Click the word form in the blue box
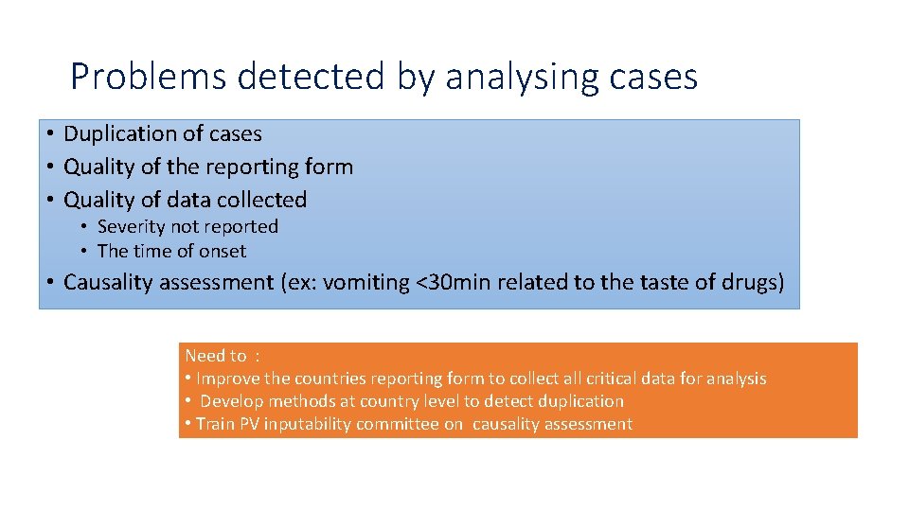(x=330, y=167)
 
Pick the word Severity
(x=131, y=227)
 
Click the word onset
(x=223, y=252)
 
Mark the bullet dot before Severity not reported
(x=84, y=227)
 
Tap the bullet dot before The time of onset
(x=84, y=252)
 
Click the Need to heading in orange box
(x=215, y=356)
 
